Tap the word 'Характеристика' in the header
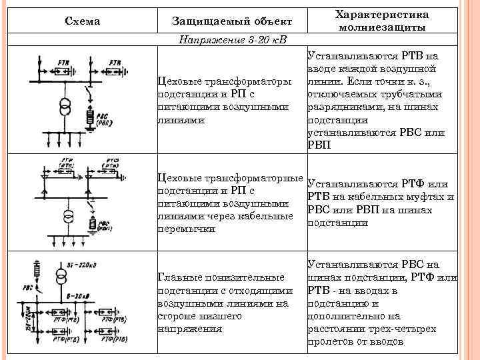point(381,15)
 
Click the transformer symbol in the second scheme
point(67,218)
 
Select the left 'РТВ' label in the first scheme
point(64,61)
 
